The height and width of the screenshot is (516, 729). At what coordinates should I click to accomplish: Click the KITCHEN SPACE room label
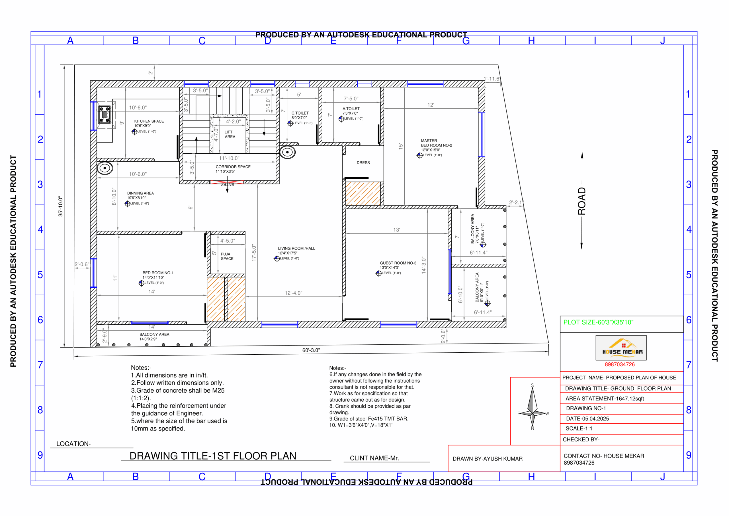pyautogui.click(x=149, y=121)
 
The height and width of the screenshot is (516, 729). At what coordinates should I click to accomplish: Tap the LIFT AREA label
pyautogui.click(x=230, y=134)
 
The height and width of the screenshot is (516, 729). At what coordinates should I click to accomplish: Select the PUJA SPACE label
pyautogui.click(x=227, y=256)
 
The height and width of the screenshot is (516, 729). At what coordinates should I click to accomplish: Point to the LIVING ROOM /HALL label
pyautogui.click(x=296, y=248)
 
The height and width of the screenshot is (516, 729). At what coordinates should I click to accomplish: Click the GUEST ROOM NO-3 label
pyautogui.click(x=398, y=263)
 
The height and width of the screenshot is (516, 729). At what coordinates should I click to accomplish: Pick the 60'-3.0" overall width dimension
pyautogui.click(x=311, y=350)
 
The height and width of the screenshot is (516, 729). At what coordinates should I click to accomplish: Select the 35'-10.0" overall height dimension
pyautogui.click(x=60, y=206)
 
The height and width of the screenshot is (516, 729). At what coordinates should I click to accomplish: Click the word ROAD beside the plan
pyautogui.click(x=581, y=201)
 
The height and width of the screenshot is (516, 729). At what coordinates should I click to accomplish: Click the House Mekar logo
pyautogui.click(x=621, y=348)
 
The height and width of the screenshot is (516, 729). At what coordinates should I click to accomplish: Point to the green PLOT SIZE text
pyautogui.click(x=598, y=322)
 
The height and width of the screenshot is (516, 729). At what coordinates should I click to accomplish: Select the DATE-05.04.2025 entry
pyautogui.click(x=587, y=419)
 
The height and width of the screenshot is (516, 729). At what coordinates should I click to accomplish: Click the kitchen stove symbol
pyautogui.click(x=105, y=114)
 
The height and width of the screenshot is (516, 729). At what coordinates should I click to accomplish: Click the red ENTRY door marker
pyautogui.click(x=227, y=182)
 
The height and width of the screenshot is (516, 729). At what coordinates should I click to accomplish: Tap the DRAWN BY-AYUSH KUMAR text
pyautogui.click(x=487, y=458)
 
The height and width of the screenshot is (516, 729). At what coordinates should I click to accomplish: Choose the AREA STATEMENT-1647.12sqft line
pyautogui.click(x=604, y=398)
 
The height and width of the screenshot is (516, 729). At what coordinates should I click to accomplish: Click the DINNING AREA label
pyautogui.click(x=140, y=193)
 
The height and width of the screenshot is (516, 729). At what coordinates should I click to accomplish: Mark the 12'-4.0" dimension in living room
pyautogui.click(x=293, y=293)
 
